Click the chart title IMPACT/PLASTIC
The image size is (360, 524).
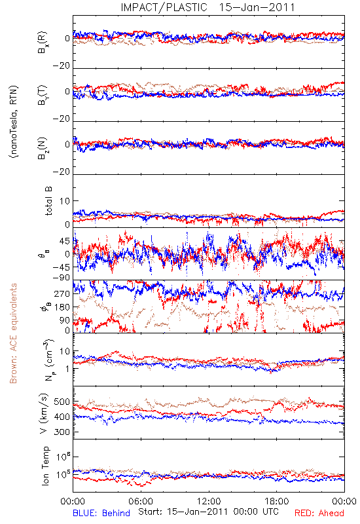[164, 7]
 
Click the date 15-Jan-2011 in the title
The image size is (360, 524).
[257, 7]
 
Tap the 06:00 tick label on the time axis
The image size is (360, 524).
[141, 501]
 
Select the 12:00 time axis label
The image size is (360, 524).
[209, 501]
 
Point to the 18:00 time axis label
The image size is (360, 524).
[277, 501]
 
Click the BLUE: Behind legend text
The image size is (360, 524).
[101, 513]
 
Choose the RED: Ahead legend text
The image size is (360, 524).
[319, 513]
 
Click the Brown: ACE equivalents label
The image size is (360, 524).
[13, 333]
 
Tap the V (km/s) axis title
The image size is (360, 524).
[44, 413]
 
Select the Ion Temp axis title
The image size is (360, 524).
[45, 466]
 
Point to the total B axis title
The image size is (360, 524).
[48, 201]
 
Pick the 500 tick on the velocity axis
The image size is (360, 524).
[62, 402]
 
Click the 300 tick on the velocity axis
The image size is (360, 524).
[62, 432]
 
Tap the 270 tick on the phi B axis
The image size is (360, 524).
[62, 293]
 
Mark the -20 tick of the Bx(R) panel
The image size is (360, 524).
[61, 66]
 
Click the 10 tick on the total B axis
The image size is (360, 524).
[65, 201]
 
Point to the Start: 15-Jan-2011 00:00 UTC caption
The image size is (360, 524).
[208, 512]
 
